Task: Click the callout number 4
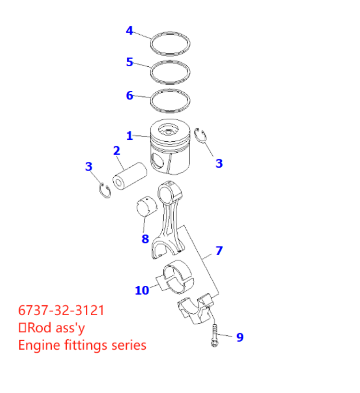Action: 129,31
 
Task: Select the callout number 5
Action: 129,62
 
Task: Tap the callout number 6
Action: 129,95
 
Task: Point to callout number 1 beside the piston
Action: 129,136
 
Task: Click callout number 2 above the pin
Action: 116,150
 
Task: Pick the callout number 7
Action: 219,250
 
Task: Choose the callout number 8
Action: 145,238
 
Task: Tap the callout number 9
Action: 240,337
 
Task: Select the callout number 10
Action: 142,290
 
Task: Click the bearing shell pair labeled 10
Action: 178,278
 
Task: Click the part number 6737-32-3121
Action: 61,310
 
